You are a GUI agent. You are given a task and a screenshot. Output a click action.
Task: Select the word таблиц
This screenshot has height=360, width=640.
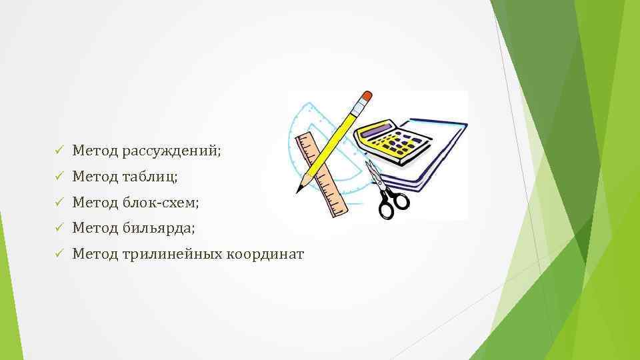(150, 177)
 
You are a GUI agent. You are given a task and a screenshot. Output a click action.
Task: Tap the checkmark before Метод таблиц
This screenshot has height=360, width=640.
(59, 177)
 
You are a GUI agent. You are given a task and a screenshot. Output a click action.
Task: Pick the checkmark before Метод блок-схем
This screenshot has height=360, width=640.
(59, 202)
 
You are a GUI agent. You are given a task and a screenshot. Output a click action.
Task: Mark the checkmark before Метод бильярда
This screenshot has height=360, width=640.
(59, 228)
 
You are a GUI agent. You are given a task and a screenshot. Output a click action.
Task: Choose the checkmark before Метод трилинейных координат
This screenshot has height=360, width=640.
(59, 254)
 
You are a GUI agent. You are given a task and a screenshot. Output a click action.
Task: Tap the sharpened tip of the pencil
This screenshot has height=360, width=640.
(300, 188)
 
